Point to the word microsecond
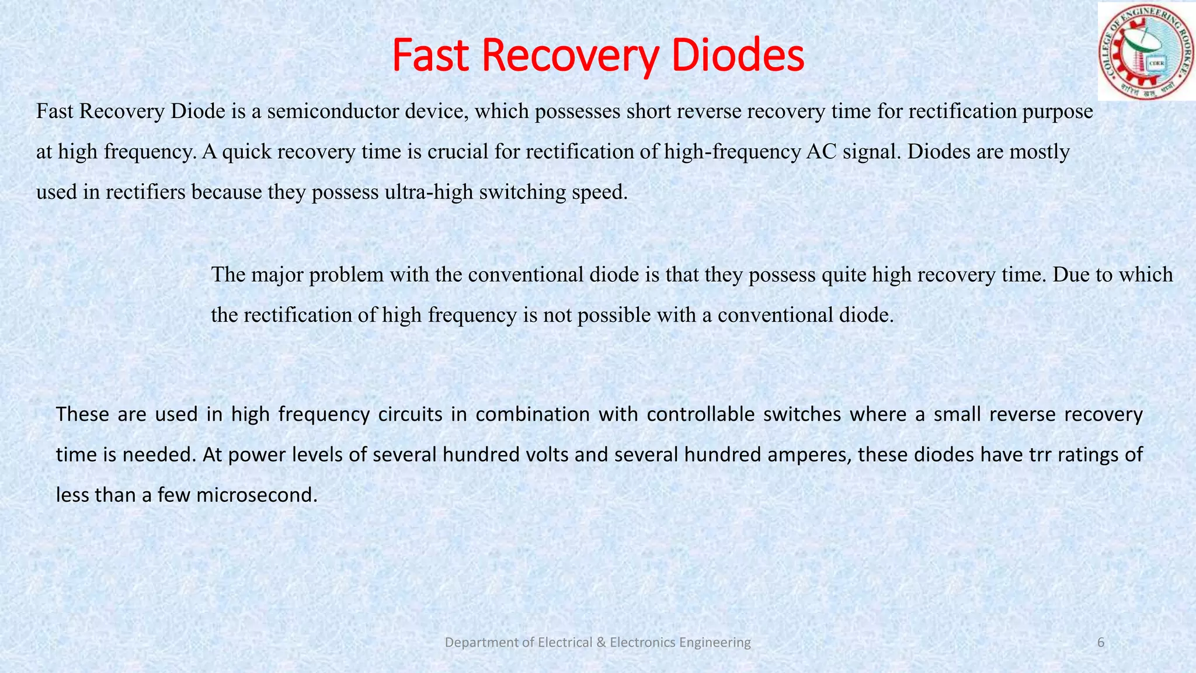257,495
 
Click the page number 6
1101,643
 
